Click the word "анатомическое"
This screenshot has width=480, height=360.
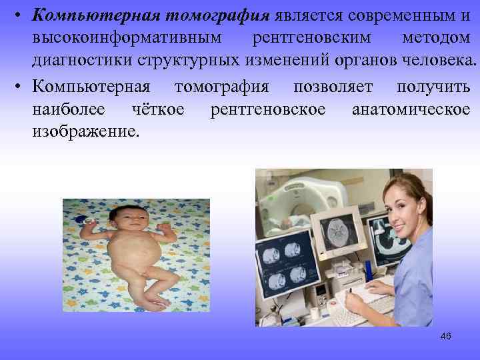411,109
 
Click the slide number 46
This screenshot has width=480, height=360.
446,336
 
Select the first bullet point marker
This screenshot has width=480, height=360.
21,15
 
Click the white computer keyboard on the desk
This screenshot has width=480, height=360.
371,308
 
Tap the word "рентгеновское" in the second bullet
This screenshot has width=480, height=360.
268,109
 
